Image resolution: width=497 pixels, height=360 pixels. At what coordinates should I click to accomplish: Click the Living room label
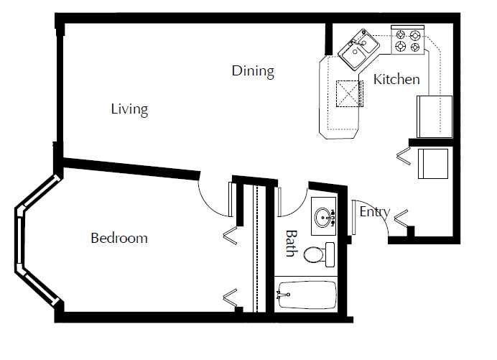[129, 109]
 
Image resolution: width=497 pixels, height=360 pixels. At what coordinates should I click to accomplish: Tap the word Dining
[253, 70]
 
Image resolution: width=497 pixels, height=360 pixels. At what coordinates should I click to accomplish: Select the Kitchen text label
[396, 79]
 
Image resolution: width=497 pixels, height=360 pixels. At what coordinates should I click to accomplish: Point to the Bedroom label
[119, 238]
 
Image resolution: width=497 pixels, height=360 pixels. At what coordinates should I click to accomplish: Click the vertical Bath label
[291, 243]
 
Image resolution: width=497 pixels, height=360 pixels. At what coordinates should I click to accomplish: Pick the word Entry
[374, 211]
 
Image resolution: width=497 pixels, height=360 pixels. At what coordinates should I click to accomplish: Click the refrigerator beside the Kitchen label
[435, 116]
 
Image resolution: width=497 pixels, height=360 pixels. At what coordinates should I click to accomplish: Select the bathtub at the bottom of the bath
[307, 294]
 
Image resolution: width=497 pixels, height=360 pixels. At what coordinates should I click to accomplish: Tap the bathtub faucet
[283, 294]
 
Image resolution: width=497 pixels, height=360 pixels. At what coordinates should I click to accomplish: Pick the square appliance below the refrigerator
[433, 164]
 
